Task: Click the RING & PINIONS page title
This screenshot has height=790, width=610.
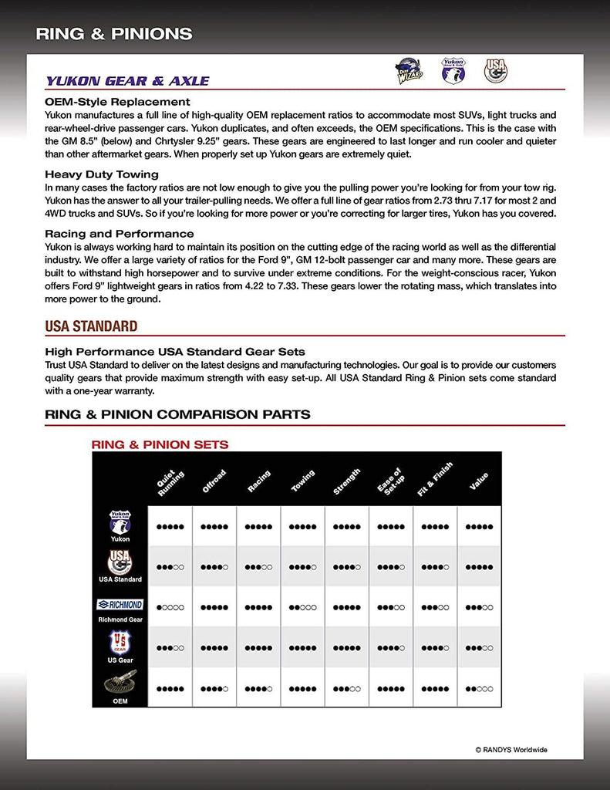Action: (114, 34)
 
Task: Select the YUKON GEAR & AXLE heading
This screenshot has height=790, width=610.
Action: (127, 81)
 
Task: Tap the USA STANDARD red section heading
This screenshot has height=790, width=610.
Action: (91, 326)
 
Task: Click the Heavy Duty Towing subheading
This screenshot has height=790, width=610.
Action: (102, 174)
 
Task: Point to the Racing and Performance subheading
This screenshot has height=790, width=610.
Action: (120, 234)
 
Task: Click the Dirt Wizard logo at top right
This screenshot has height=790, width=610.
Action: (408, 71)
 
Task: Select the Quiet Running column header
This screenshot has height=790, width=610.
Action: (170, 483)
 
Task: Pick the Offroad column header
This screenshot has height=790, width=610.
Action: (214, 482)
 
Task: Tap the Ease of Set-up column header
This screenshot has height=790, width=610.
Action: (391, 482)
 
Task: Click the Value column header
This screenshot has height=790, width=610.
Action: (479, 482)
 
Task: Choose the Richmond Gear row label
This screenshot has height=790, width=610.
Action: (120, 619)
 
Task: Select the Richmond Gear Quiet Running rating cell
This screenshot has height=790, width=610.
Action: (170, 607)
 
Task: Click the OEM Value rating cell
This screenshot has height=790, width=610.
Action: (479, 688)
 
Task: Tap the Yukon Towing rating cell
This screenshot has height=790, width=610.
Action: (303, 527)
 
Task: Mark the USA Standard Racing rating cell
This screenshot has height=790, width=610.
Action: (258, 567)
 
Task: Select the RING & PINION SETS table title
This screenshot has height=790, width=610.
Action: (160, 445)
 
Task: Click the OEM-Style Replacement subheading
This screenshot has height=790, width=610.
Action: (117, 102)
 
